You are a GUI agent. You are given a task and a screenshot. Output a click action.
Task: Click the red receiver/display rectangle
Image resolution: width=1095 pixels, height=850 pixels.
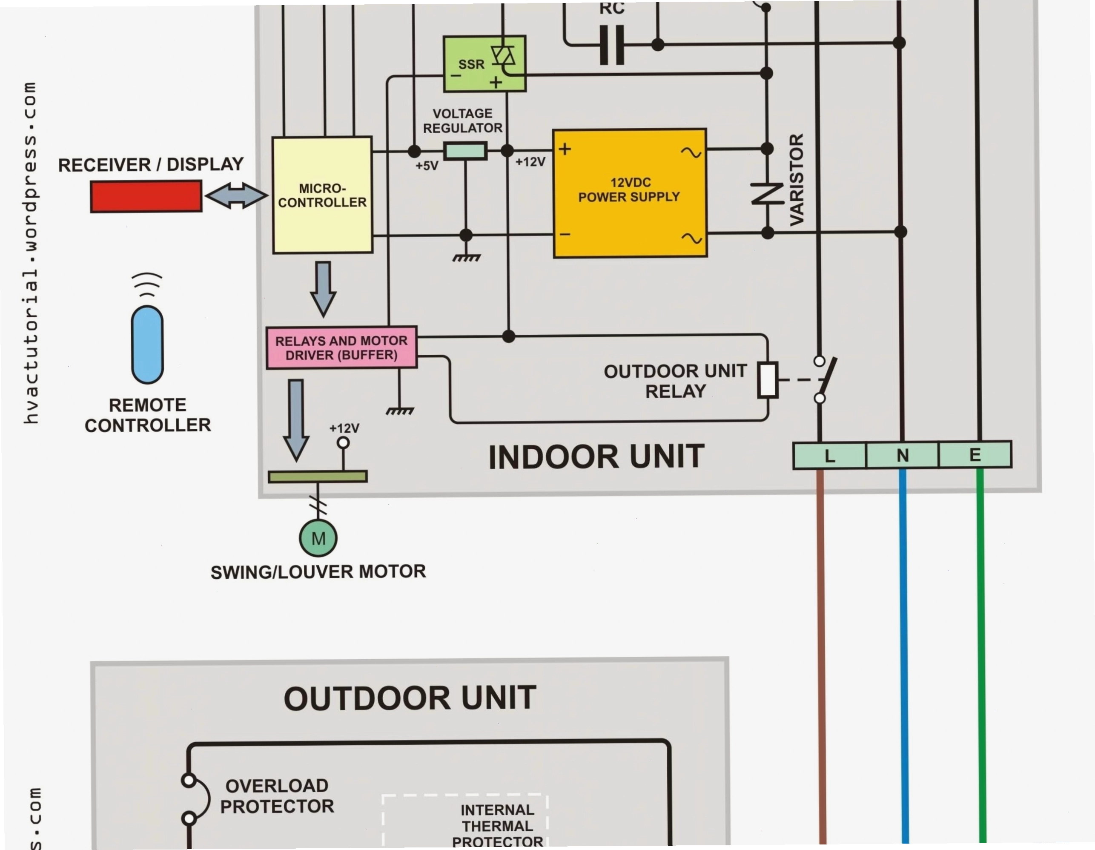146,197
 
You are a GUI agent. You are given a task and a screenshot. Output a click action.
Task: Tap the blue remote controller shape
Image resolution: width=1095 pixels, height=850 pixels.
147,345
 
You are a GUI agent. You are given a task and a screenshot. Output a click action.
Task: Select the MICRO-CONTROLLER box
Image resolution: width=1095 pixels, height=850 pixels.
322,195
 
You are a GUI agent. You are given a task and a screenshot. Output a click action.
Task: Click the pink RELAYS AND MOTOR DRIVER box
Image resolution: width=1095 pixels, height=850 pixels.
341,348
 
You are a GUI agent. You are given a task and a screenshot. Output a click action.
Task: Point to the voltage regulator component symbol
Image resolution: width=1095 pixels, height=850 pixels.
465,151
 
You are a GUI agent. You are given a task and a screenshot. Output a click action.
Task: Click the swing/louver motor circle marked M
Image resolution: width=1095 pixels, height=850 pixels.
318,538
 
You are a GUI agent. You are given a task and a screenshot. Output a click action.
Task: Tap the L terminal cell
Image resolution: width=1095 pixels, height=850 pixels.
830,456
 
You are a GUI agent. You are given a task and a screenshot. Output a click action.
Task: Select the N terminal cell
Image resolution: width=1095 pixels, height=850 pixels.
903,455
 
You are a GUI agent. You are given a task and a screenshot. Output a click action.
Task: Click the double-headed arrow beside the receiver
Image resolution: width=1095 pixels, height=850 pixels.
237,195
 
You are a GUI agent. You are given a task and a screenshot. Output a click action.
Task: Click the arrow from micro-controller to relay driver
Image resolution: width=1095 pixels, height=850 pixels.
323,289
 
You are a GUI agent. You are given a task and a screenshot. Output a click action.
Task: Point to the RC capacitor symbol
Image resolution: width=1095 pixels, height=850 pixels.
612,45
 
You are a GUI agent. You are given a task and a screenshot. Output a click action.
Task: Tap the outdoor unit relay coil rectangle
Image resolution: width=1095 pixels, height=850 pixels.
768,379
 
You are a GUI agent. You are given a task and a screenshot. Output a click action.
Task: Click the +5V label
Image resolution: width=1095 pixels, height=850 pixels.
427,166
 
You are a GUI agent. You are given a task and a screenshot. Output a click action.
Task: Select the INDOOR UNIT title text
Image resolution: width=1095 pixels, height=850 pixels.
596,457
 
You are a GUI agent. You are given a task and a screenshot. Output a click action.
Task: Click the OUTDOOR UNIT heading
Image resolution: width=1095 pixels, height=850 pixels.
410,698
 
